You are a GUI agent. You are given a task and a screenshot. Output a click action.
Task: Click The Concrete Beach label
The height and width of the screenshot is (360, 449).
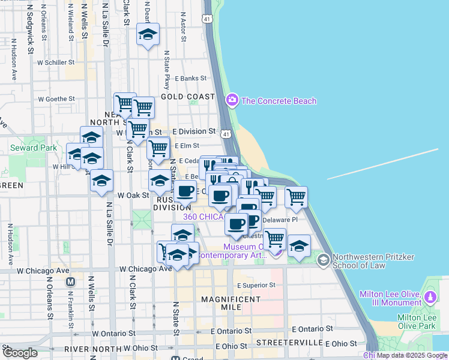pyautogui.click(x=279, y=101)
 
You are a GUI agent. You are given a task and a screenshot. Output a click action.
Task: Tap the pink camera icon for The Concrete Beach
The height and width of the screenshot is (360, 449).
pyautogui.click(x=232, y=100)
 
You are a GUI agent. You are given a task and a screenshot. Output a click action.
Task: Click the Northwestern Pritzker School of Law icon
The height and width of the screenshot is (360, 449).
pyautogui.click(x=324, y=259)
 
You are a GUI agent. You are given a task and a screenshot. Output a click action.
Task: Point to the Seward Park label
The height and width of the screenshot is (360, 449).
pyautogui.click(x=33, y=148)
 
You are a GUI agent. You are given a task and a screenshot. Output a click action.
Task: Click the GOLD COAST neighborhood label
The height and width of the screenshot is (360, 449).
pyautogui.click(x=187, y=97)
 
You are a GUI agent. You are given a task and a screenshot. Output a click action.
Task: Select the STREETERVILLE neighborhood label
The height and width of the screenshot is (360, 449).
pyautogui.click(x=289, y=342)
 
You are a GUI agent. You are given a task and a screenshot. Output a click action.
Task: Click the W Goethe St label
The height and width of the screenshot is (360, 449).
pyautogui.click(x=56, y=99)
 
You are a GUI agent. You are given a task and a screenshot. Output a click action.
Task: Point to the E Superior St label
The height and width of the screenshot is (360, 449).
pyautogui.click(x=255, y=285)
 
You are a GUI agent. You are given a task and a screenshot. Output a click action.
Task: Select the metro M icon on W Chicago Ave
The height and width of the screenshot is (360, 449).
pyautogui.click(x=70, y=281)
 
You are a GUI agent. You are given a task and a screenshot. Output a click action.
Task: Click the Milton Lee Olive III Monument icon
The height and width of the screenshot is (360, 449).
pyautogui.click(x=430, y=297)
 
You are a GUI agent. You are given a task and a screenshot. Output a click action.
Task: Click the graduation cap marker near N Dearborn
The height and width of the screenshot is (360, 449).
pyautogui.click(x=147, y=34)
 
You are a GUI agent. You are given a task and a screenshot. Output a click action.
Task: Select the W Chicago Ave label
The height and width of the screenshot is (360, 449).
pyautogui.click(x=146, y=269)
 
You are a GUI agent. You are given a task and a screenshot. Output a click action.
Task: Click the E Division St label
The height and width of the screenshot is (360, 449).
pyautogui.click(x=194, y=131)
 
